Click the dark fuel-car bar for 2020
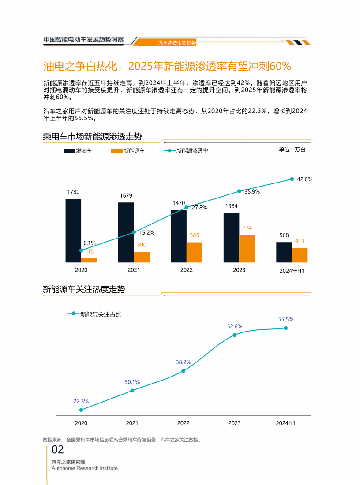(x=73, y=231)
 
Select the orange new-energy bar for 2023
(x=247, y=248)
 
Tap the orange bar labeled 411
(x=300, y=255)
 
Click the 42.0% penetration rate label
(x=304, y=179)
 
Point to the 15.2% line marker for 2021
(x=134, y=232)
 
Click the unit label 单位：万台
(x=292, y=149)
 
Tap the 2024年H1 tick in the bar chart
(x=292, y=271)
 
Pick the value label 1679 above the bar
(x=126, y=195)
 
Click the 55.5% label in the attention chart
(x=285, y=319)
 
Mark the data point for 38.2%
(x=184, y=371)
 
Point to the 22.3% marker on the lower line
(x=81, y=410)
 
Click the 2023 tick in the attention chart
(x=234, y=423)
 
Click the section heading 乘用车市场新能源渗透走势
(x=92, y=136)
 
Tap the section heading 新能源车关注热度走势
(x=84, y=289)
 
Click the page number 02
(x=58, y=450)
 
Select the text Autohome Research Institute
(x=85, y=468)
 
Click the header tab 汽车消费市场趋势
(x=177, y=43)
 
